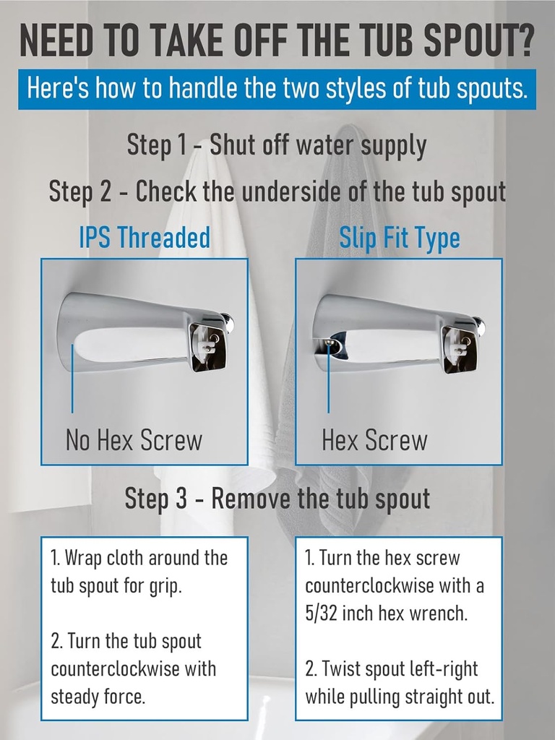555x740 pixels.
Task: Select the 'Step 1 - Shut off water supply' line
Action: [x=277, y=145]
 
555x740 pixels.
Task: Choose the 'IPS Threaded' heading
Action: [x=145, y=238]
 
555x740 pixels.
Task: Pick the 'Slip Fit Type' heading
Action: [x=400, y=238]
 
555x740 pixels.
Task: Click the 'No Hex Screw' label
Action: [x=134, y=439]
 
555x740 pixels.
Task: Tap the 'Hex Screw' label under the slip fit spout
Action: [x=374, y=439]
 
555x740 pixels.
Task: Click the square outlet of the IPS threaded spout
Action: [x=207, y=345]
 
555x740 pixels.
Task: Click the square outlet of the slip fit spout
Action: [x=460, y=347]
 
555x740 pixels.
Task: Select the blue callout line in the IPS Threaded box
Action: [x=72, y=379]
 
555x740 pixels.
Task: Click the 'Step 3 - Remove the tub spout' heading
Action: [x=277, y=498]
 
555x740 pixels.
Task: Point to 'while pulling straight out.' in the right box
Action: [x=400, y=697]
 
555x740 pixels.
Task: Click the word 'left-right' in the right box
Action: [x=439, y=669]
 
